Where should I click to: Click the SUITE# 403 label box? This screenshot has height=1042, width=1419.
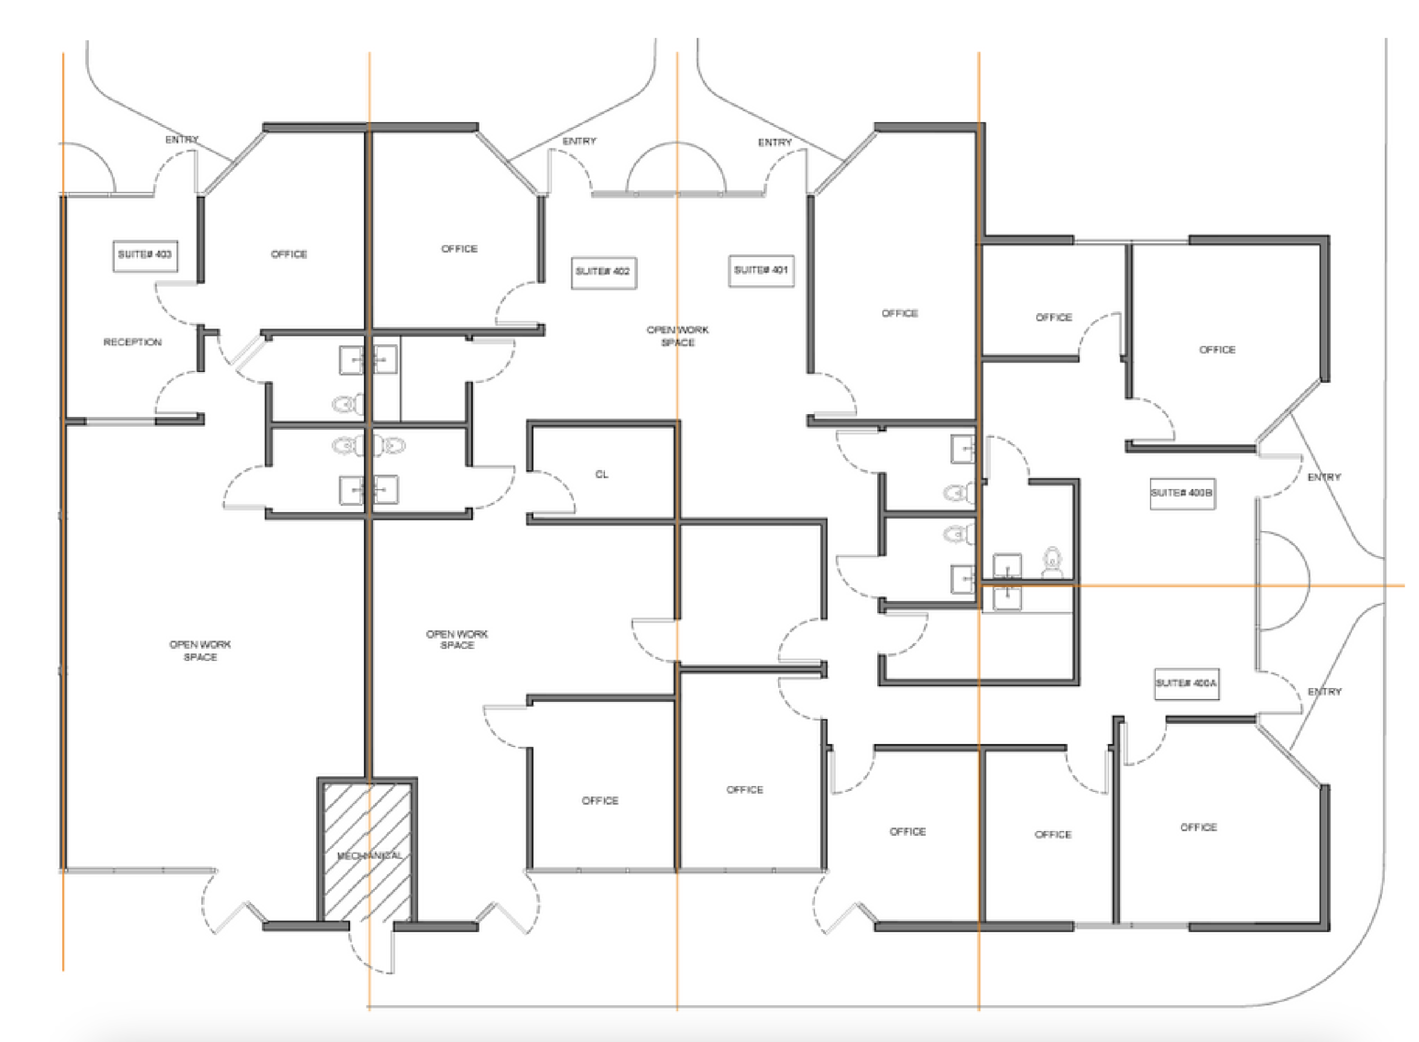click(145, 255)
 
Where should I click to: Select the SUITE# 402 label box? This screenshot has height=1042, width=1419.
click(604, 272)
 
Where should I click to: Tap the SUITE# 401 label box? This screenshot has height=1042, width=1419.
click(761, 270)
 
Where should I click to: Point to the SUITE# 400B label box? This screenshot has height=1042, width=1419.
click(1182, 493)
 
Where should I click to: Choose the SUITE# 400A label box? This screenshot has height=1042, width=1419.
click(1187, 684)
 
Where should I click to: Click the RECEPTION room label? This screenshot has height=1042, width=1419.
click(132, 343)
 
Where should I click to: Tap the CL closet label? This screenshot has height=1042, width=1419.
click(601, 474)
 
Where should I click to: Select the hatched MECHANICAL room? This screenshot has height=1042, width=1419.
click(367, 852)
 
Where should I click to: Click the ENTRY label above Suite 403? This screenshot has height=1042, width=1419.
click(181, 139)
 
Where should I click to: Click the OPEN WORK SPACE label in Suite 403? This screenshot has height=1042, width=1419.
click(200, 651)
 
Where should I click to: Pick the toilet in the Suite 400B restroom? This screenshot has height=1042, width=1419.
click(1051, 562)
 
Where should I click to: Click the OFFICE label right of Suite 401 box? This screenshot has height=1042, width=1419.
click(899, 314)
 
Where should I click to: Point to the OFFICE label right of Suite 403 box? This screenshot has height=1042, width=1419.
click(289, 254)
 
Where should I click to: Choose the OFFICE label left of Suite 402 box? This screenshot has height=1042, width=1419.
click(459, 249)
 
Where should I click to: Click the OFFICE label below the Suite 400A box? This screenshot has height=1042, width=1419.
click(1199, 827)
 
